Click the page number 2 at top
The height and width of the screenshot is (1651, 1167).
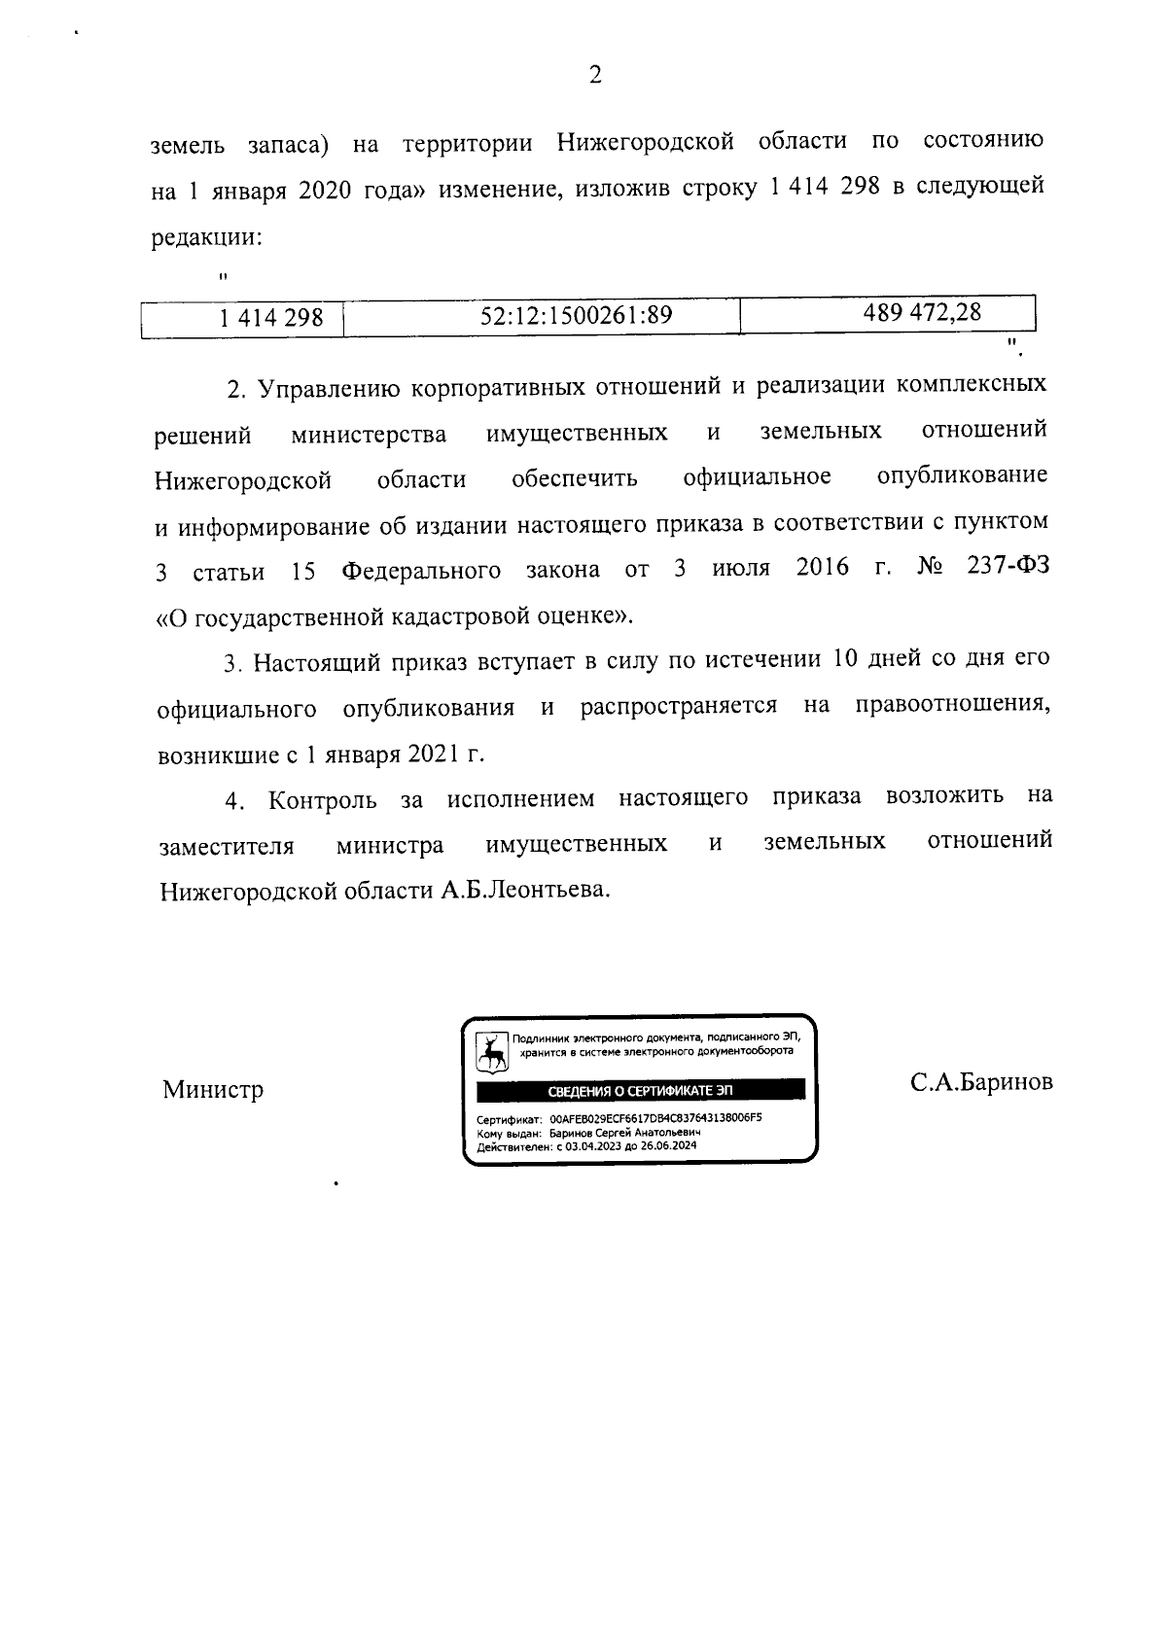[595, 75]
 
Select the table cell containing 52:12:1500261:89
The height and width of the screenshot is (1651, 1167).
[576, 315]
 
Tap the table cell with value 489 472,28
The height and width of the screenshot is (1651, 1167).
[922, 312]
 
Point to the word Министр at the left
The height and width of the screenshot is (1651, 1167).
[212, 1090]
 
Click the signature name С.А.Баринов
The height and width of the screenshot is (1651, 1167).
[980, 1083]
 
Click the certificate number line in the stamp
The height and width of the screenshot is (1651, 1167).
[619, 1118]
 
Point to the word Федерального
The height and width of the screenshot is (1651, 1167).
[421, 571]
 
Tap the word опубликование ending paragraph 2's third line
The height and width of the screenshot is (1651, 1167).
[962, 476]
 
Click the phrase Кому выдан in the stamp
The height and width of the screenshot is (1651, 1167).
[506, 1133]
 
